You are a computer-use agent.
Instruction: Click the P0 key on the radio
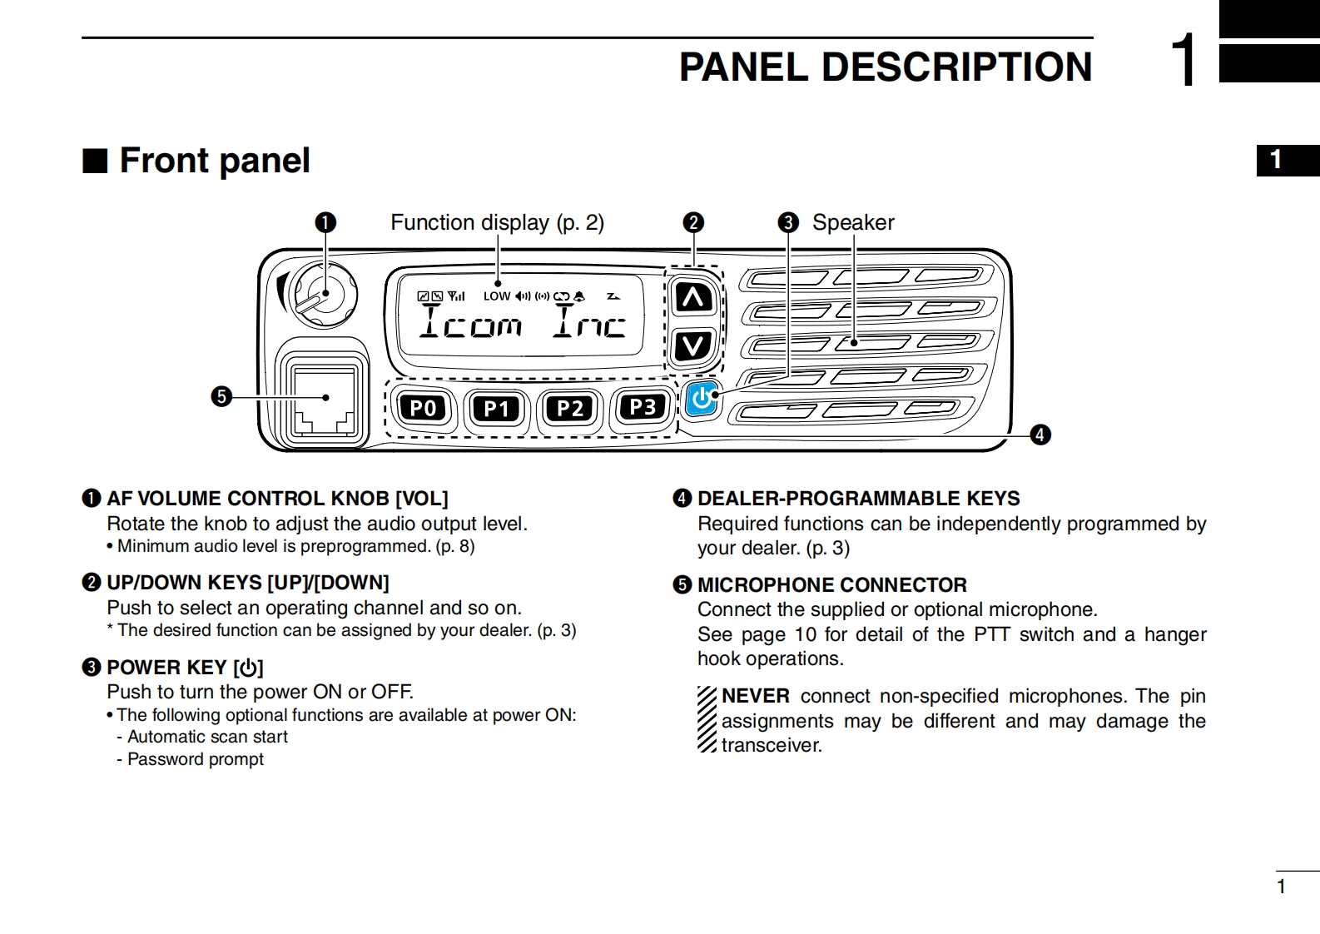tap(424, 408)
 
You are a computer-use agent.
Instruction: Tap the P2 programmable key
tap(570, 408)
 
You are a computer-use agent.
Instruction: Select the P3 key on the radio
tap(643, 407)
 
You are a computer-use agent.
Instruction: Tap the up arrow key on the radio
tap(693, 297)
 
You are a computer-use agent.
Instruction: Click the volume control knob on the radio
tap(323, 293)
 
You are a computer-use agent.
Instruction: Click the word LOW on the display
tap(497, 296)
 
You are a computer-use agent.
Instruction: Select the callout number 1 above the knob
tap(325, 223)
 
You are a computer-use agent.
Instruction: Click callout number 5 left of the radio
tap(221, 397)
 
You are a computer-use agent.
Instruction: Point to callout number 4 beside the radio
tap(1040, 435)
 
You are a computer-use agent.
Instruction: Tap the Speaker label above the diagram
tap(853, 222)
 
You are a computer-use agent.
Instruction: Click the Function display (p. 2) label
tap(497, 222)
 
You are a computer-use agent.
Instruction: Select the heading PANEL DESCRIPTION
tap(885, 67)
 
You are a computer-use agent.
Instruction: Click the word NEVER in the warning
tap(755, 696)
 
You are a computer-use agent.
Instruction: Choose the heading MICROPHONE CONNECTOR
tap(831, 584)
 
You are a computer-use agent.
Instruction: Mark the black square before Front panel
tap(95, 161)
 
